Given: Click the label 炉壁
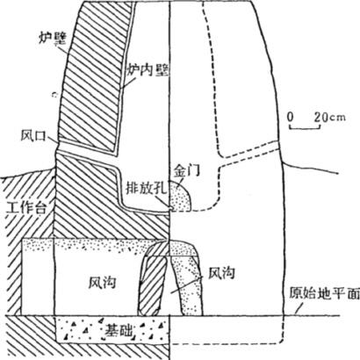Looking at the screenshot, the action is pos(53,39).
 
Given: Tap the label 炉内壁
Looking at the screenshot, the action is pos(148,70).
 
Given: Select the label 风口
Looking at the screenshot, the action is pos(34,136).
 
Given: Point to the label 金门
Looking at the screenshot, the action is pos(187,170).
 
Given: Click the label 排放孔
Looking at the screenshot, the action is pos(146,189).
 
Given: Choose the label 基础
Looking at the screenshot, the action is pos(118,329).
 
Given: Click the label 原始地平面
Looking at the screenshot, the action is pos(324,293).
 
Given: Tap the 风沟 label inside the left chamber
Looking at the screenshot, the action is pos(102,283).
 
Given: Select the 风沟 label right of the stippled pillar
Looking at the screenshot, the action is pos(221,273).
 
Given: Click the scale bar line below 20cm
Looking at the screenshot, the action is pos(305,128).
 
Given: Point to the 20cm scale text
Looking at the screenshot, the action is pos(330,117).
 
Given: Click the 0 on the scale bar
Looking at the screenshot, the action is pos(290,117).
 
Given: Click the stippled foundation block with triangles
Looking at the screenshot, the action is pos(112,330).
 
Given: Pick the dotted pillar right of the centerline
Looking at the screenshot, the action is pos(187,285).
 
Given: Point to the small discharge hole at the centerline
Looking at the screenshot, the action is pos(170,208).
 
